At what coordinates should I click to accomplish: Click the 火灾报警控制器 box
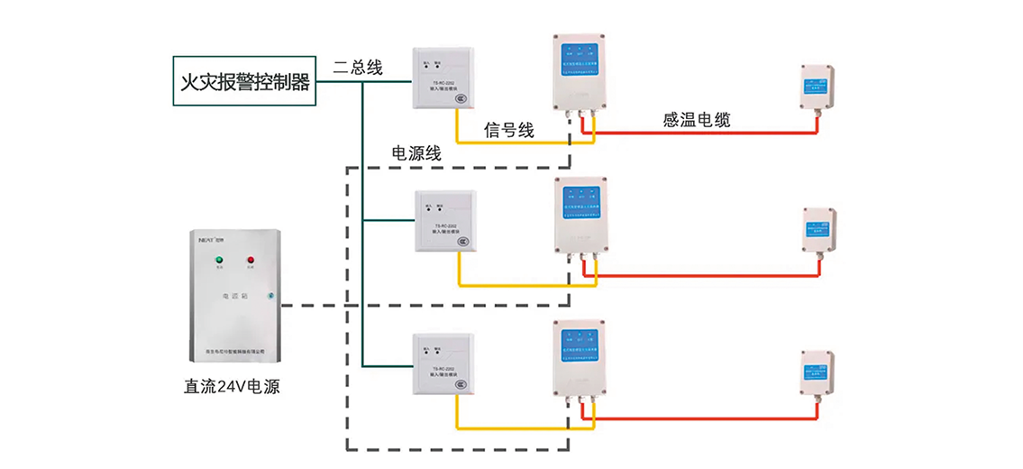(244, 82)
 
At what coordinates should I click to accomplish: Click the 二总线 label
(358, 67)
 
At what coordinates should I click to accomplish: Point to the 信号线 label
(509, 130)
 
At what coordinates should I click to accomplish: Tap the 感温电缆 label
(696, 120)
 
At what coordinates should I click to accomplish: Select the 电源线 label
(416, 153)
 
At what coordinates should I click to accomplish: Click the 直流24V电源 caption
(232, 387)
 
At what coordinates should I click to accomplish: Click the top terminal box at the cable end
(818, 87)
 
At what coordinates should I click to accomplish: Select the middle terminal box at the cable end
(819, 231)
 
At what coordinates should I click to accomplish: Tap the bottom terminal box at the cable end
(819, 372)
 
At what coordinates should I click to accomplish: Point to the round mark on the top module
(461, 97)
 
